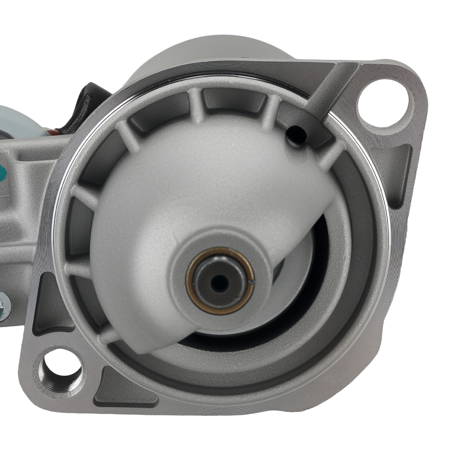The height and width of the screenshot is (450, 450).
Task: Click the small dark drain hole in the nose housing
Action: (x=296, y=134)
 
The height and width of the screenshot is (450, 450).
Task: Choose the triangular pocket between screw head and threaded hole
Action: (x=49, y=306)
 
